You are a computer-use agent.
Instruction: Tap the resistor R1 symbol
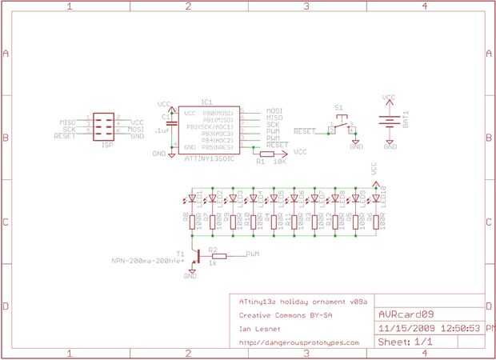coord(261,152)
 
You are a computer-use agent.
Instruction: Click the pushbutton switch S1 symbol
coord(343,126)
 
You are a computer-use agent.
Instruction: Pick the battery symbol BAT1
coord(389,122)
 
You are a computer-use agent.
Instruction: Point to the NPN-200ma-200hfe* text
coord(146,261)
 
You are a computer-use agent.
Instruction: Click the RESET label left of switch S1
coord(305,130)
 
